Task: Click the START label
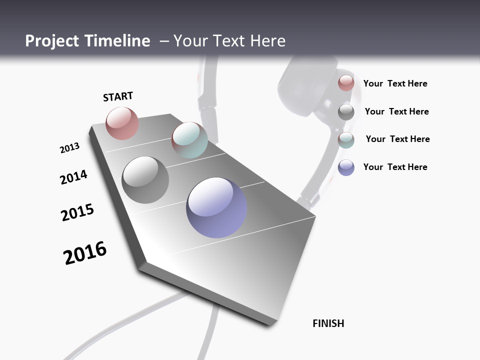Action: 118,96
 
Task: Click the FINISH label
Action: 328,323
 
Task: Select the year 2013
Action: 69,148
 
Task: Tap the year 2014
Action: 73,177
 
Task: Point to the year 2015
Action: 77,212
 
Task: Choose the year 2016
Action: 85,252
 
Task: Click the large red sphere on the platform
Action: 122,123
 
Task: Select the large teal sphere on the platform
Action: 189,139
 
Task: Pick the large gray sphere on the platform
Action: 145,179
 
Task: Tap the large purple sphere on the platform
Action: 216,207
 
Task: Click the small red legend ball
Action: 346,83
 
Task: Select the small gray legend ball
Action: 346,111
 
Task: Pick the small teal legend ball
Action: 346,139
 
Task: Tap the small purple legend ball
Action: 346,167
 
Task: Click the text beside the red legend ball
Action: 395,83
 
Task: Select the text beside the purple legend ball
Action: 395,167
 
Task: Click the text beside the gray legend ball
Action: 396,111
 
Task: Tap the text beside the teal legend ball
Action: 397,139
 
